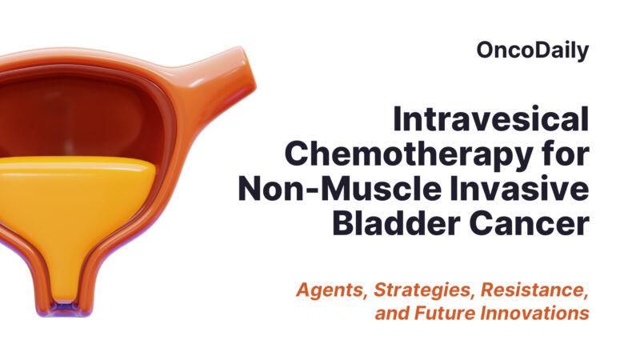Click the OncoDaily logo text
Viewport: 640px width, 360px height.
click(532, 51)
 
